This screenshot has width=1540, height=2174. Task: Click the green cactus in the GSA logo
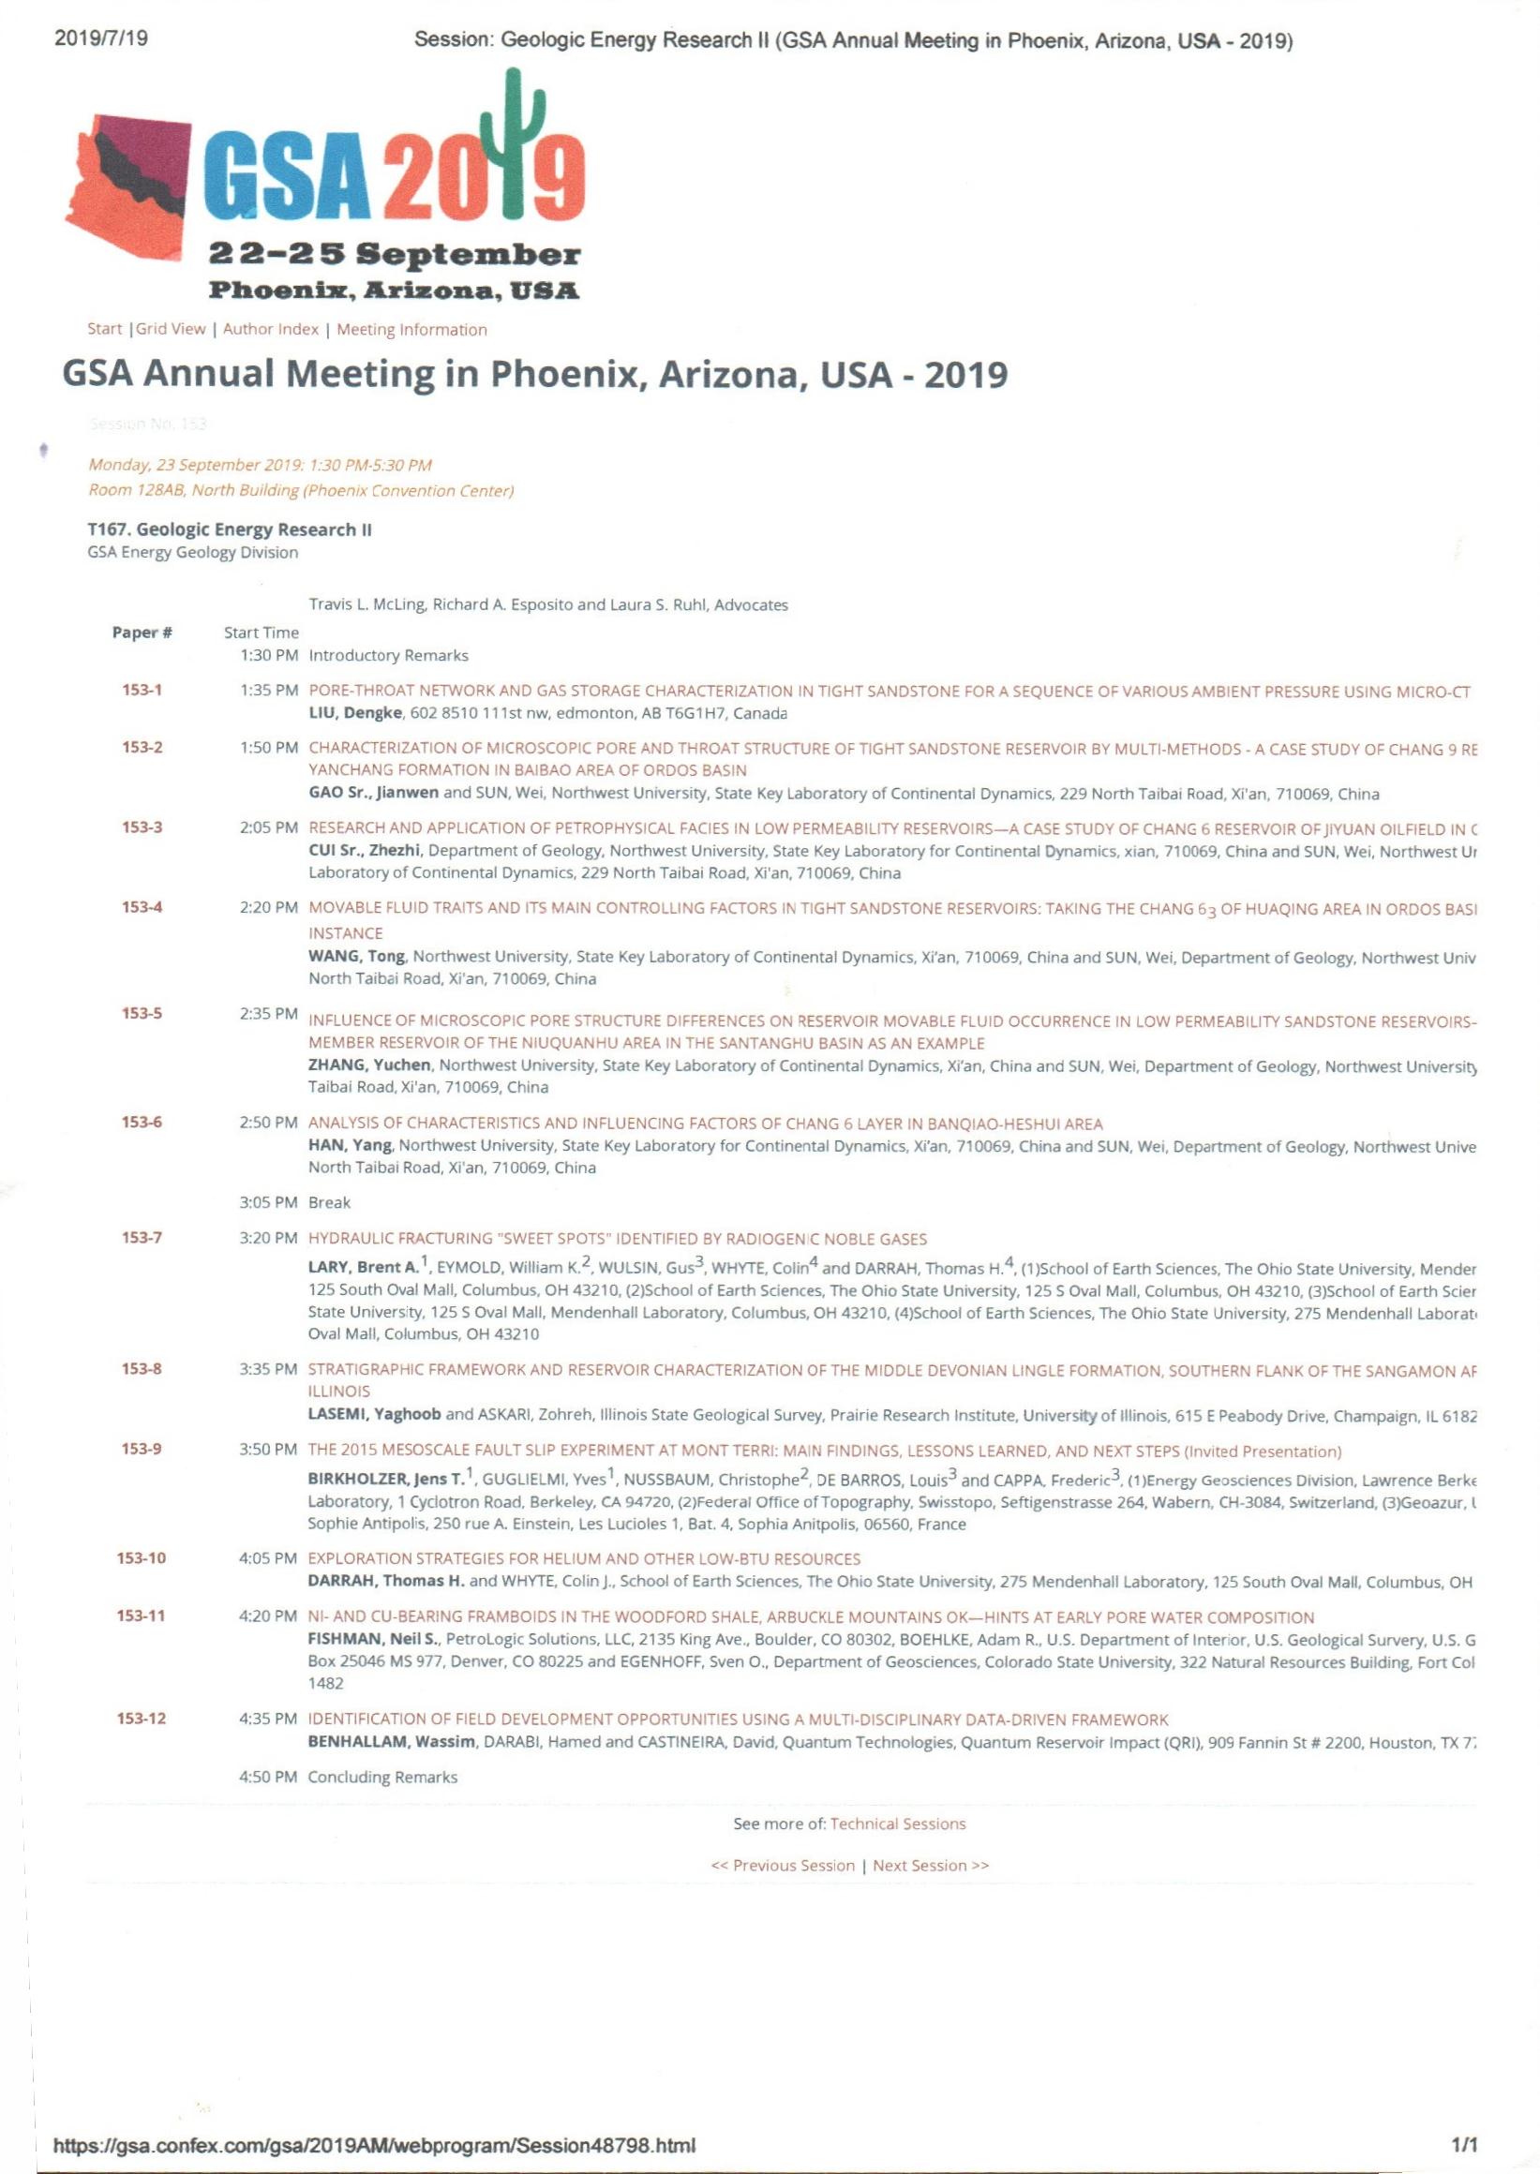pos(513,142)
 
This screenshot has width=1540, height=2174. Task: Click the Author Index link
pos(270,329)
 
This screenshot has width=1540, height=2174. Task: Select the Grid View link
pos(171,329)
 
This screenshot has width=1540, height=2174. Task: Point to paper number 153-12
pos(142,1718)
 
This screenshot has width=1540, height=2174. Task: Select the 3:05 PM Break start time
pos(269,1202)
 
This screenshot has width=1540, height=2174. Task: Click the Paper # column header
pos(142,633)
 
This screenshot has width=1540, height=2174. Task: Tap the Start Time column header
pos(261,633)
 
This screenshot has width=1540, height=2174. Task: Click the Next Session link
pos(930,1865)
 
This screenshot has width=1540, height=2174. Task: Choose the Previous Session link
pos(783,1865)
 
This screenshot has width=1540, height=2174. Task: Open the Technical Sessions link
pos(897,1824)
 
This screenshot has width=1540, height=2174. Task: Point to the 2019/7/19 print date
pos(101,39)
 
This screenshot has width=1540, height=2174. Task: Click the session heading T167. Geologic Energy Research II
pos(229,530)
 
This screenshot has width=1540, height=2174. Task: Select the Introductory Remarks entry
pos(388,655)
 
